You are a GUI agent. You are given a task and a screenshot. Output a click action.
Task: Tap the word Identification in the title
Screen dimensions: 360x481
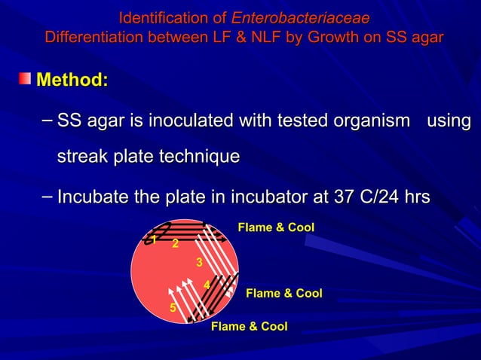pyautogui.click(x=155, y=17)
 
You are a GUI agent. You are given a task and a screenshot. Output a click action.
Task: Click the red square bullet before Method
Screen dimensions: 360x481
pyautogui.click(x=26, y=78)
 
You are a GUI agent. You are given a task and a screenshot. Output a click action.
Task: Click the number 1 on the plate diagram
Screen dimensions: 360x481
pyautogui.click(x=152, y=240)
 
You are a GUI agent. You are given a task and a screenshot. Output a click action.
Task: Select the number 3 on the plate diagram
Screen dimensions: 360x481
pyautogui.click(x=198, y=262)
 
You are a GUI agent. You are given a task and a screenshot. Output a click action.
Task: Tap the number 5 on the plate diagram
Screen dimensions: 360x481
pyautogui.click(x=172, y=307)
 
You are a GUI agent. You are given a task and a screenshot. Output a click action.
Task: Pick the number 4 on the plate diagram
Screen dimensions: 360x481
pyautogui.click(x=207, y=284)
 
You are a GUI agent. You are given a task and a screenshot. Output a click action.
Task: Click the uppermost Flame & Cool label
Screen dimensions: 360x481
pyautogui.click(x=276, y=227)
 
